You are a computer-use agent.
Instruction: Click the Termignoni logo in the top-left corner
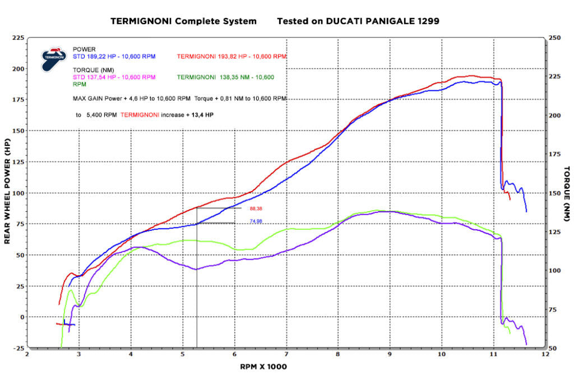pyautogui.click(x=53, y=58)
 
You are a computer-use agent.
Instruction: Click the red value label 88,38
pyautogui.click(x=256, y=208)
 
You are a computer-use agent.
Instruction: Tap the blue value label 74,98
pyautogui.click(x=256, y=221)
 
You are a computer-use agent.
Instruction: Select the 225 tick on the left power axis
pyautogui.click(x=18, y=38)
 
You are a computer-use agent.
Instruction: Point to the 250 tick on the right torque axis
pyautogui.click(x=556, y=38)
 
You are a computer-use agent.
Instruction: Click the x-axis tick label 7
pyautogui.click(x=286, y=355)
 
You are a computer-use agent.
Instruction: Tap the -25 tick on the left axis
pyautogui.click(x=18, y=348)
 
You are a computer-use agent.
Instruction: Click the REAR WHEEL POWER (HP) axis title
pyautogui.click(x=7, y=192)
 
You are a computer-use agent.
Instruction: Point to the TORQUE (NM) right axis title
pyautogui.click(x=566, y=192)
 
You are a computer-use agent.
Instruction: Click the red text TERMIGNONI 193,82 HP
pyautogui.click(x=232, y=57)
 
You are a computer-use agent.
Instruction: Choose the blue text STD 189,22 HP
pyautogui.click(x=114, y=57)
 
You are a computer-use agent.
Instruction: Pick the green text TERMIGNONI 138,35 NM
pyautogui.click(x=225, y=77)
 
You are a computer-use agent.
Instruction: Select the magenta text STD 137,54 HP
pyautogui.click(x=114, y=77)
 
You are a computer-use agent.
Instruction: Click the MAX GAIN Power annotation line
pyautogui.click(x=179, y=98)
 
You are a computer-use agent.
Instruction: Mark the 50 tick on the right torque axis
pyautogui.click(x=556, y=348)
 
